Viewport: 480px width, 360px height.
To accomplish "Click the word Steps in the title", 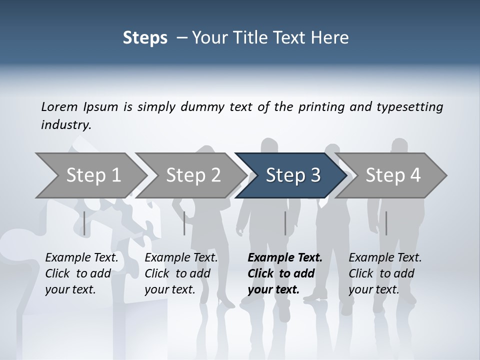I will (x=145, y=38).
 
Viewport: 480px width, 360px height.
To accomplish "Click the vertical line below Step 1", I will (x=84, y=223).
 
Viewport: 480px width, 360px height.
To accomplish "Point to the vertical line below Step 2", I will (x=184, y=223).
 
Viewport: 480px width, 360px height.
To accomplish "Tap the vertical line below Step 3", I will (x=285, y=223).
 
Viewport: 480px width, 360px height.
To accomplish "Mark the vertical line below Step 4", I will (x=386, y=223).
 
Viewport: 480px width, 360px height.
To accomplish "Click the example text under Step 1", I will (x=81, y=273).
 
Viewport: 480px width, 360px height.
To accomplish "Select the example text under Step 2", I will (x=181, y=273).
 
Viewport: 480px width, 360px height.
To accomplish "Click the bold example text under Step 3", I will (x=284, y=273).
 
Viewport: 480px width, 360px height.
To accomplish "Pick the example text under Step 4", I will (x=385, y=273).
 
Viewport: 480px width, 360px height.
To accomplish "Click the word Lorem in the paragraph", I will (x=58, y=106).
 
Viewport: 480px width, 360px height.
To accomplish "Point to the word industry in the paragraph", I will (x=65, y=125).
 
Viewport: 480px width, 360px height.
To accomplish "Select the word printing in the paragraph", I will (x=322, y=106).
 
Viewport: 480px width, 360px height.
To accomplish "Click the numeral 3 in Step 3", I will (x=315, y=175).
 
